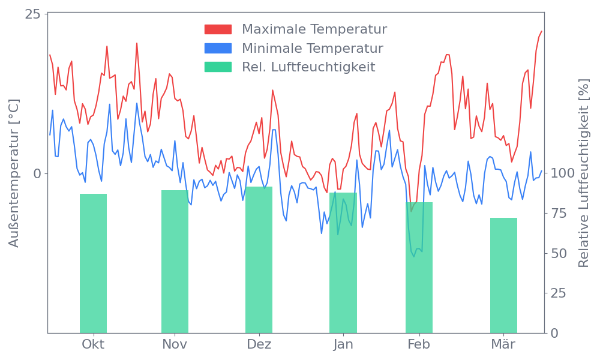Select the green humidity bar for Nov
coord(175,261)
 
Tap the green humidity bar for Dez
coord(259,259)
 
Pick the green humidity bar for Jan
coord(343,262)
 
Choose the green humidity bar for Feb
coord(419,267)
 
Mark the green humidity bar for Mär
coord(503,275)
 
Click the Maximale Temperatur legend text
coord(314,29)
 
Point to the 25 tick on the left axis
coord(32,14)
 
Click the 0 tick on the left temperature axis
coord(37,173)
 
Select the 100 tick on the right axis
coord(563,173)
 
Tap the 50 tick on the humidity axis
coord(559,253)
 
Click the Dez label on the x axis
coord(259,344)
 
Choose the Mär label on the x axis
coord(504,344)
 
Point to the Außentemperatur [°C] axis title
coord(14,173)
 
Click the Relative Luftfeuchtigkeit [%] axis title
coord(583,173)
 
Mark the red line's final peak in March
coord(541,31)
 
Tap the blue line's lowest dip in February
coord(413,255)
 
